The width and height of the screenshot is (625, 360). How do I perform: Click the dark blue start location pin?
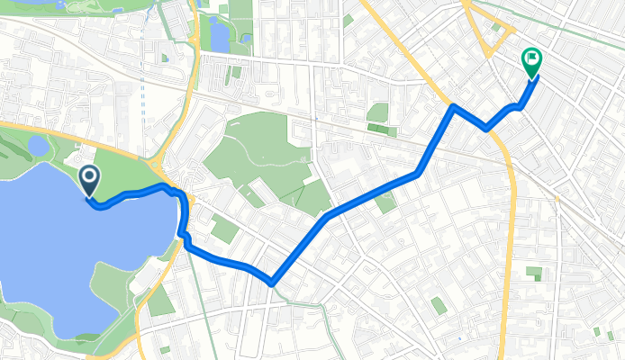click(x=90, y=179)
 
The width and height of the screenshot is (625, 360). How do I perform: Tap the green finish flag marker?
click(x=531, y=61)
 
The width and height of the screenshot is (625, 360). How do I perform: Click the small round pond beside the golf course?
click(x=39, y=145)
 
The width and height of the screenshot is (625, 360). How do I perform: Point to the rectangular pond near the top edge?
click(x=219, y=34)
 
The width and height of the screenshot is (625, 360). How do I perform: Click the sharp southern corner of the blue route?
click(x=270, y=283)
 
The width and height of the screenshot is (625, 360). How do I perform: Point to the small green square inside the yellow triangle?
click(x=496, y=28)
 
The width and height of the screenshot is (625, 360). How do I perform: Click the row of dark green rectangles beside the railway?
click(x=382, y=131)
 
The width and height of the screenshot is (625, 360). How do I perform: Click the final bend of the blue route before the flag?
click(x=520, y=107)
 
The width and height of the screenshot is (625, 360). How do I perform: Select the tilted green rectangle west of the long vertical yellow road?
click(x=385, y=202)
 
